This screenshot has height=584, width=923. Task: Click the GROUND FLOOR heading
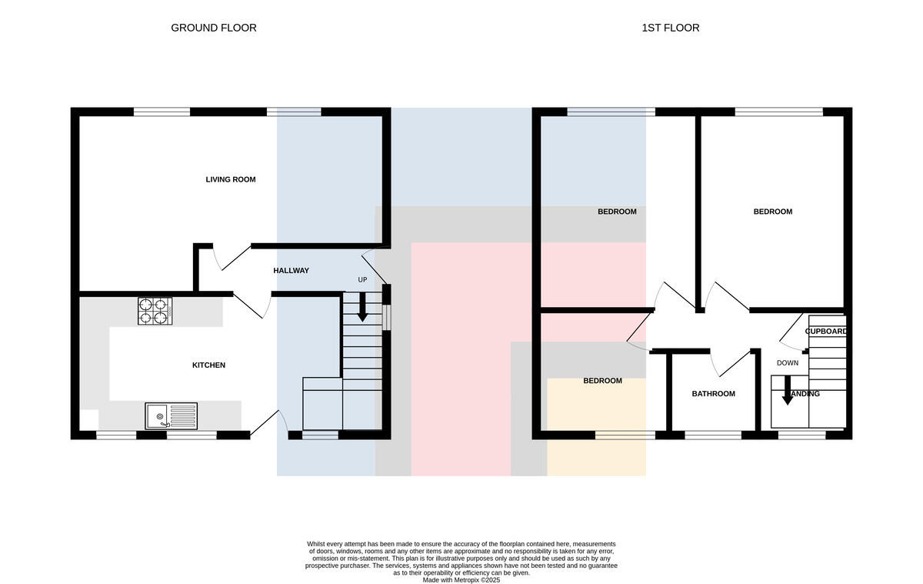coord(214,28)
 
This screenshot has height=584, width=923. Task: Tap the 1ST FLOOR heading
coord(671,28)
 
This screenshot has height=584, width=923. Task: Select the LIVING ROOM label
coord(231,179)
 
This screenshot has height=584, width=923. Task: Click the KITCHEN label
coord(209,365)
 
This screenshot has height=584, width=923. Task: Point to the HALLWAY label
coord(291,270)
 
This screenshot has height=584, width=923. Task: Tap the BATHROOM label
coord(713,394)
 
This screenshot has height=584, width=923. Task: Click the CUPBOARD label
coord(826,332)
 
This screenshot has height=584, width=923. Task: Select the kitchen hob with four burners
coord(155,311)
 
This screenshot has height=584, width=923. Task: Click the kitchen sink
coord(171,415)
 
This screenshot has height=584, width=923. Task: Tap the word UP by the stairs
coord(362,280)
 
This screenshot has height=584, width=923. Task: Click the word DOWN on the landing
coord(788,363)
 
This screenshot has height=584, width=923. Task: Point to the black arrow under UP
coord(362,307)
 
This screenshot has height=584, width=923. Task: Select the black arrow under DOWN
coord(788,391)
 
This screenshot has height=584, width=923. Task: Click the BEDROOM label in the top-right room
coord(772,212)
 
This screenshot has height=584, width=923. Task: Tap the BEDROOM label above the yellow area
coord(602,380)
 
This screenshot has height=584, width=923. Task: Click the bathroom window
coord(713,435)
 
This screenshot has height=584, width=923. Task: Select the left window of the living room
coord(162,112)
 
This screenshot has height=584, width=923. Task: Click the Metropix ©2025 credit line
coord(461,580)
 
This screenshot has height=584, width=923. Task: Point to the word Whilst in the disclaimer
coord(315,544)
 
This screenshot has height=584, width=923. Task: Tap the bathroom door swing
coord(730,363)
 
